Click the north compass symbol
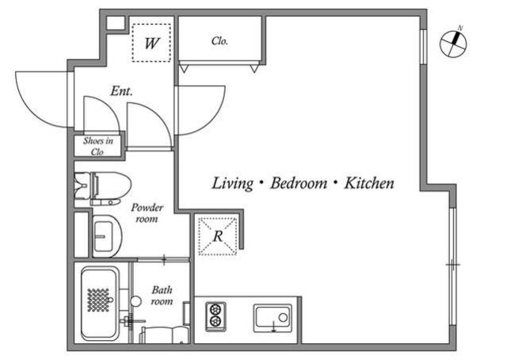[x=453, y=44]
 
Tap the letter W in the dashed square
[x=151, y=43]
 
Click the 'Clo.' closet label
[x=220, y=41]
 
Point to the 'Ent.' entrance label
[x=121, y=91]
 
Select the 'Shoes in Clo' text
[x=98, y=147]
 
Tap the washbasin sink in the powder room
[x=107, y=236]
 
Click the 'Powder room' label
[x=147, y=213]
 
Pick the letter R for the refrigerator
[x=218, y=236]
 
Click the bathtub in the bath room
[x=100, y=304]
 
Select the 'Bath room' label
[x=162, y=296]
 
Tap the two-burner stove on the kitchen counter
[x=215, y=317]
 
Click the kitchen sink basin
[x=273, y=318]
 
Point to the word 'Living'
[x=232, y=183]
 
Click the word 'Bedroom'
[x=299, y=183]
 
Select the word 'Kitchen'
[x=369, y=183]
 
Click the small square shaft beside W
[x=116, y=23]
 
